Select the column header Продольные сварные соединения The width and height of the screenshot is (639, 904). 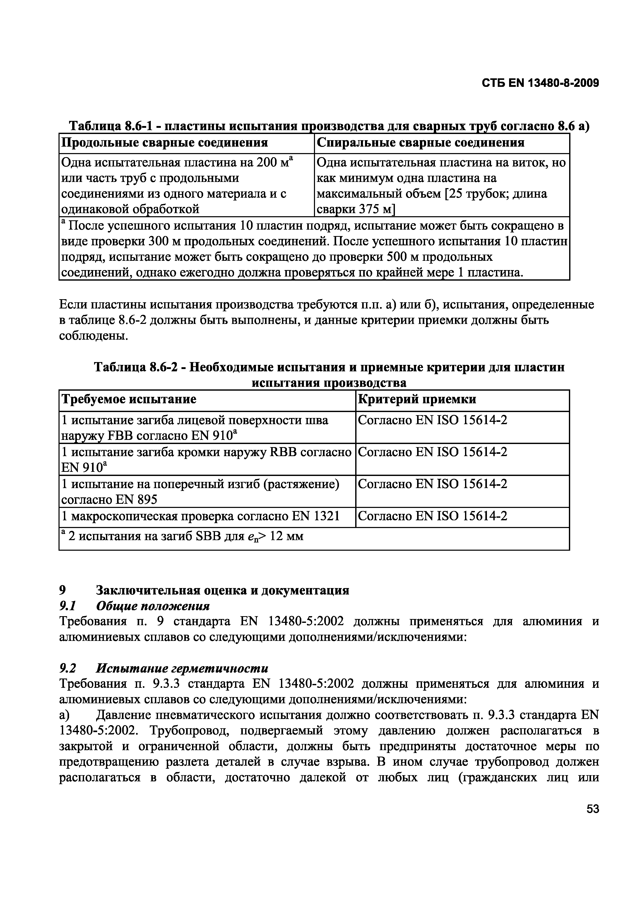click(164, 142)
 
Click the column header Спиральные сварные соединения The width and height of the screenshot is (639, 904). click(420, 142)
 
